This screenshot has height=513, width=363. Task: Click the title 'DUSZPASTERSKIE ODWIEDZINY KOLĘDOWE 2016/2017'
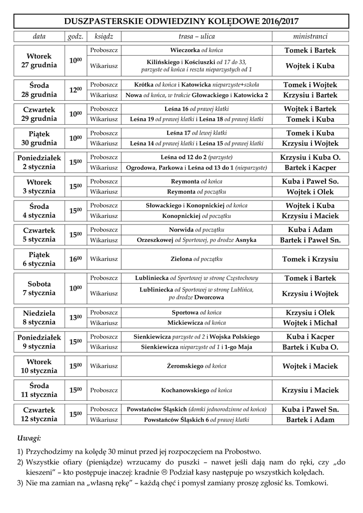click(181, 21)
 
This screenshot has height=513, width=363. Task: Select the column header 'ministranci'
click(310, 37)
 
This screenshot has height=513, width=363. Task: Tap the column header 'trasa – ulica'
click(197, 37)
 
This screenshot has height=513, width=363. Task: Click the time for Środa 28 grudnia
click(76, 90)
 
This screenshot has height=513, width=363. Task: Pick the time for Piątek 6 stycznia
click(76, 259)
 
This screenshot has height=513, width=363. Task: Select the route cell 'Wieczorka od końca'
click(197, 51)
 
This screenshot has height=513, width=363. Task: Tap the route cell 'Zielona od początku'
click(197, 259)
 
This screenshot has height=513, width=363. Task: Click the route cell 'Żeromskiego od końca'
click(197, 366)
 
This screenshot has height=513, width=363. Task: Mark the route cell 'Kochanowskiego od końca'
click(197, 390)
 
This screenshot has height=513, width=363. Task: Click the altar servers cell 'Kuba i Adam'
click(310, 229)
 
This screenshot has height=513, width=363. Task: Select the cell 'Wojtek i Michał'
click(310, 323)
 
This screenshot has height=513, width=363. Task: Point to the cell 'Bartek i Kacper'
click(310, 167)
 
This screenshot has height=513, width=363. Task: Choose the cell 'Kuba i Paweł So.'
click(310, 181)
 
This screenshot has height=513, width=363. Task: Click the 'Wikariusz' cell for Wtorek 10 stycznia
click(104, 366)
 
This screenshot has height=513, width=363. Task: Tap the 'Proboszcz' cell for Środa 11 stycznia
click(104, 390)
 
